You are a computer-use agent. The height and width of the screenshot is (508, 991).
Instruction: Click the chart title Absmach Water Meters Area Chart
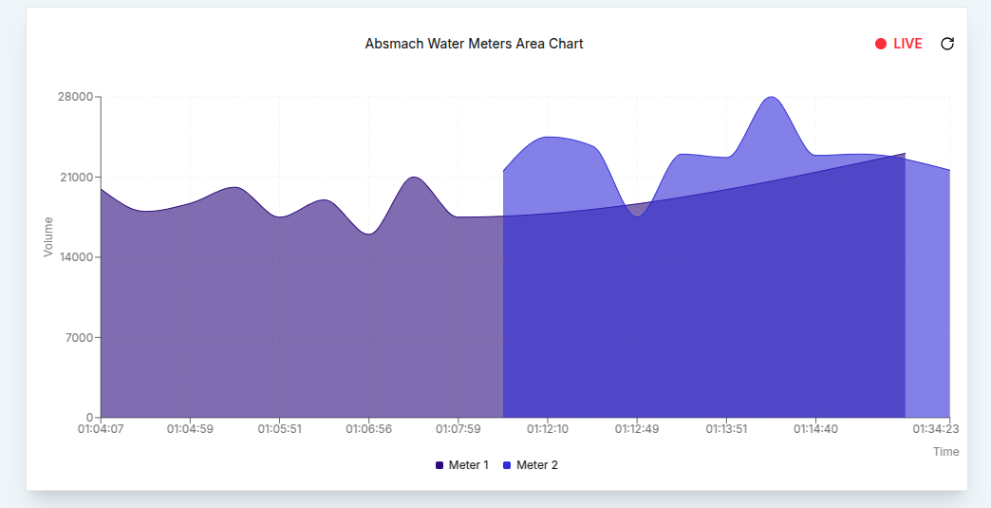474,44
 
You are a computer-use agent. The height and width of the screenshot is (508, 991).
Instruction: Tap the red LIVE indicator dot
881,44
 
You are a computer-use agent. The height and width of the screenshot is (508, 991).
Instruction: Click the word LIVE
907,44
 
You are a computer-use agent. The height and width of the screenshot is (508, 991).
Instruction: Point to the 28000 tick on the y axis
75,97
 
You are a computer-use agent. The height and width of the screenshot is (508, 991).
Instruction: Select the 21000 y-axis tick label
75,178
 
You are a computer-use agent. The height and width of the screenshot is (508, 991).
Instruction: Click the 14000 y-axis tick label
75,257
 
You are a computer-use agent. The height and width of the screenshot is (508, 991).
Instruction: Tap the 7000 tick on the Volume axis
78,338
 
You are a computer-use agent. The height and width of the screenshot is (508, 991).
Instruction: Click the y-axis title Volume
48,236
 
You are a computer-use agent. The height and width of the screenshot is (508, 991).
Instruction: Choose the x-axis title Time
945,452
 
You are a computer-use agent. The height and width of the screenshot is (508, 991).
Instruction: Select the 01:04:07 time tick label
101,429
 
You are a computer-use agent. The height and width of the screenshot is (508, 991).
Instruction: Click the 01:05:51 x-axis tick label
280,429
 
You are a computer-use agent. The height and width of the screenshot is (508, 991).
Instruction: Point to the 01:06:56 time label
369,429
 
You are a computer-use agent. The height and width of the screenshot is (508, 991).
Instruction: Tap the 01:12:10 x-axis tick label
548,429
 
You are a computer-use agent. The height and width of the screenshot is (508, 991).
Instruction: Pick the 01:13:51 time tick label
726,429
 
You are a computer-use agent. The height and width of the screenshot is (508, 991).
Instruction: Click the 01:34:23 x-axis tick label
936,429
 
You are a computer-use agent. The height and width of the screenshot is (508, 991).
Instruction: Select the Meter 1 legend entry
462,465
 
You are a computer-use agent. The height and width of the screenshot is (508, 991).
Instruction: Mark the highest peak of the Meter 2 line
772,97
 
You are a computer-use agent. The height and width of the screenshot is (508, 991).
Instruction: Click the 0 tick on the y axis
89,418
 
